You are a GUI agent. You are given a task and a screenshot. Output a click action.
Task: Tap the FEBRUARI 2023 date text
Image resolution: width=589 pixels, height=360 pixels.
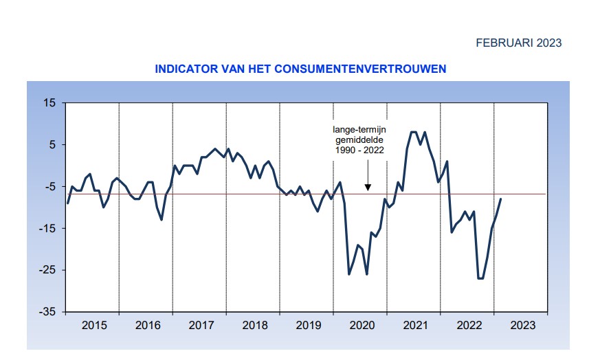(x=518, y=43)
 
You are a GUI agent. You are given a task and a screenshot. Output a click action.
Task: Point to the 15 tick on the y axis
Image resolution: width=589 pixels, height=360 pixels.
(x=49, y=103)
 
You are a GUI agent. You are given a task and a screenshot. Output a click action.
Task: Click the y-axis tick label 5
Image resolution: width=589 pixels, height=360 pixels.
(x=52, y=145)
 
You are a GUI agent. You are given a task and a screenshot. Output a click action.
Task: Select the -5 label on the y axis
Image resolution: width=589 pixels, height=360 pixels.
(x=49, y=187)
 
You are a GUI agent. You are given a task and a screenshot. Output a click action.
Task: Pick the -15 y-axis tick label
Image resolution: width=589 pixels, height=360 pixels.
(x=47, y=229)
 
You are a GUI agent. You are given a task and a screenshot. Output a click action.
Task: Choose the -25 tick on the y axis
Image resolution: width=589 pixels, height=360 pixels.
(x=47, y=270)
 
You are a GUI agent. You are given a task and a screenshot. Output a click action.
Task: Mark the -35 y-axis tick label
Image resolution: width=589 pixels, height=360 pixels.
(x=47, y=312)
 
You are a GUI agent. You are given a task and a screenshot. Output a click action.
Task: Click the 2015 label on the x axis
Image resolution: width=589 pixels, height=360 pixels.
(x=94, y=325)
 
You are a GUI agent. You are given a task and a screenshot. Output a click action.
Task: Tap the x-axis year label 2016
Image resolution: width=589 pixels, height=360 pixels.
(x=147, y=325)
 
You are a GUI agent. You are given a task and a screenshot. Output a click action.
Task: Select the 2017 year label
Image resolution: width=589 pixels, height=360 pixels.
(x=201, y=325)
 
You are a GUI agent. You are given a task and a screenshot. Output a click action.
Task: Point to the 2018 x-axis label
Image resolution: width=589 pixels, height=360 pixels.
(x=254, y=325)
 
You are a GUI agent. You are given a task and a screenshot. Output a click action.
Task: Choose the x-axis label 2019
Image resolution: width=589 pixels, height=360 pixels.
(x=308, y=325)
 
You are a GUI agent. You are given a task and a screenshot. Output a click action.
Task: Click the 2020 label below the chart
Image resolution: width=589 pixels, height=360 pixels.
(x=362, y=325)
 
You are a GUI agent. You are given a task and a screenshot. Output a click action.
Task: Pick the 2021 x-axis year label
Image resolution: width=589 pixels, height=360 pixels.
(x=414, y=325)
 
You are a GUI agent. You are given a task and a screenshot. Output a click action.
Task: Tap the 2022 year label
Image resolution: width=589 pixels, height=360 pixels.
(x=468, y=325)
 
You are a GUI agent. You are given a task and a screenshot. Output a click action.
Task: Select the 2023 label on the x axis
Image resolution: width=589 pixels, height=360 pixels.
(x=522, y=325)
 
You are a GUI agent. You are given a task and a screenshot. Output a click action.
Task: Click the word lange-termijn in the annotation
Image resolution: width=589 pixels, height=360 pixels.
(x=359, y=128)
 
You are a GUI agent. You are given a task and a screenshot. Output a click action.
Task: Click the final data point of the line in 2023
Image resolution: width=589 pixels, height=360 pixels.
(x=501, y=199)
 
